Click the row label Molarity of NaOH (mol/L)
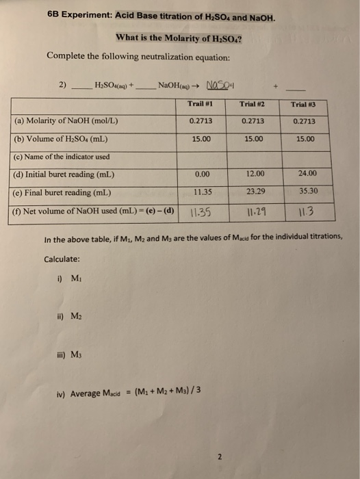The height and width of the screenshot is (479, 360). (x=66, y=120)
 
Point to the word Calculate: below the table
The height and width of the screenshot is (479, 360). (x=63, y=259)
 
